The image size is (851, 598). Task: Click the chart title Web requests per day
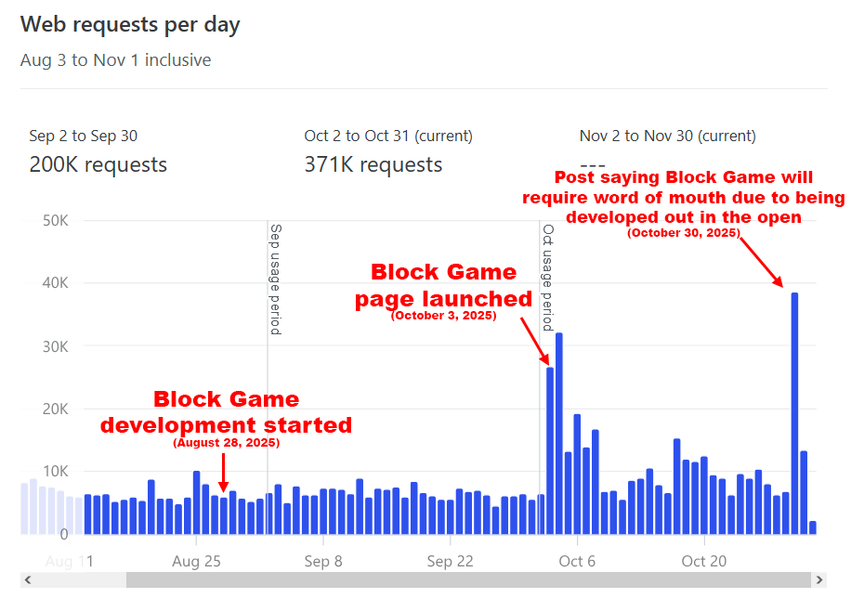click(x=130, y=25)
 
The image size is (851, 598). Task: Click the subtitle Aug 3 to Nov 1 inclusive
click(x=115, y=60)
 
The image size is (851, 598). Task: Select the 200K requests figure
click(x=98, y=165)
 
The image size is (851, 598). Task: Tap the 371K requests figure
click(x=373, y=165)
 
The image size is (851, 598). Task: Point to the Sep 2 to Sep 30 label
click(x=83, y=136)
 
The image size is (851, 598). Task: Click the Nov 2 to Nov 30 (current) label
click(x=667, y=136)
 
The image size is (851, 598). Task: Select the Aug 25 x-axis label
click(x=196, y=561)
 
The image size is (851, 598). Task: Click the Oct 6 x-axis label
click(x=577, y=561)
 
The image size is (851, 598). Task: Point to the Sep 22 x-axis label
click(x=450, y=561)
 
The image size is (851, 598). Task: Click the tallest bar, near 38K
click(x=794, y=413)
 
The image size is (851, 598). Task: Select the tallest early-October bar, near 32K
click(x=559, y=433)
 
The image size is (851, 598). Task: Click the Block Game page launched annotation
click(x=443, y=286)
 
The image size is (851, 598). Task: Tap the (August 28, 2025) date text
click(x=226, y=444)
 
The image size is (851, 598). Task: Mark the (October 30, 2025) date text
click(x=683, y=233)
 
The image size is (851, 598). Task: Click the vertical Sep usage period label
click(x=275, y=279)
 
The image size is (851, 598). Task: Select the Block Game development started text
click(x=226, y=412)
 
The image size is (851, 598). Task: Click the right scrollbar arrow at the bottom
click(x=818, y=580)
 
